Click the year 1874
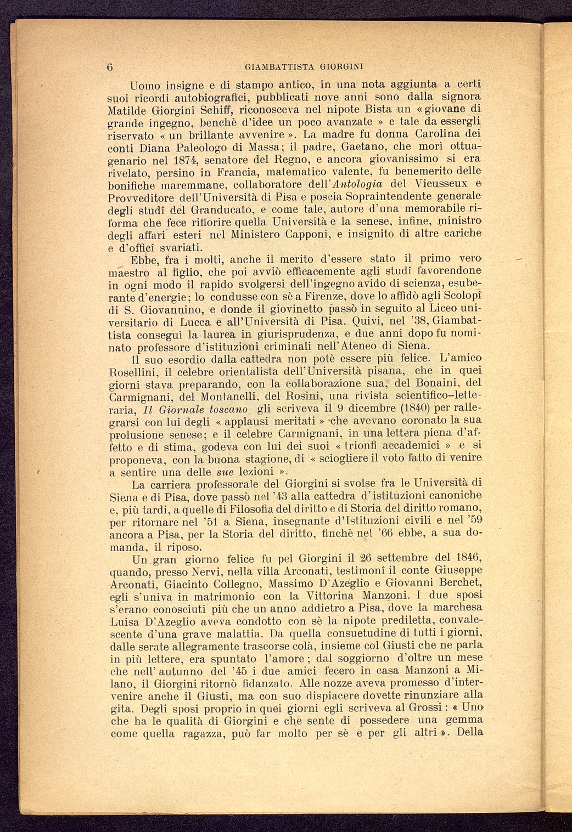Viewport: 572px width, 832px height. point(182,160)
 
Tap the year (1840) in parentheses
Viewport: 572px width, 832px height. point(406,409)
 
